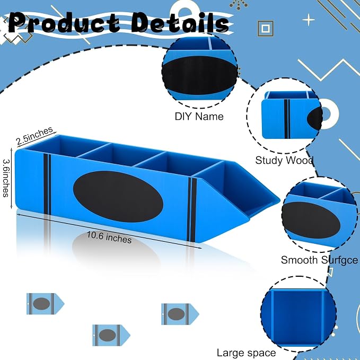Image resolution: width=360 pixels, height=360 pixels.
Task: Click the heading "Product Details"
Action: pos(119,23)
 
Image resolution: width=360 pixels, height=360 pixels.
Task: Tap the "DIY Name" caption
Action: pos(199,117)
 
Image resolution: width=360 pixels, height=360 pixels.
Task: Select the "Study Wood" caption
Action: pos(284,160)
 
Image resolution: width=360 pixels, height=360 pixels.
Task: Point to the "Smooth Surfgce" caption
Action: pos(319,260)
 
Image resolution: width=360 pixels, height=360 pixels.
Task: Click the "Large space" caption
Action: pos(247,353)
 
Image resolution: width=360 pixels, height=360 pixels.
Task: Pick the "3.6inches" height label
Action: pos(6,178)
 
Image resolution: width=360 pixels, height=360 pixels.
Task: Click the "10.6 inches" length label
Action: pos(109,237)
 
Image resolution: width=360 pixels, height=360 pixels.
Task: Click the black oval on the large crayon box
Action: pos(118,196)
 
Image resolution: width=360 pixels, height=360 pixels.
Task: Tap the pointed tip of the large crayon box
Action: pos(279,200)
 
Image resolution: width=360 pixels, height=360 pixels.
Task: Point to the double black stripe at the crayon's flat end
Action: pos(47,184)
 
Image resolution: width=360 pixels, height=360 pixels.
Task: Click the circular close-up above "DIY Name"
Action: pos(199,71)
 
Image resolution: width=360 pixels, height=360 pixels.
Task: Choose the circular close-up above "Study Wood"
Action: pos(285,116)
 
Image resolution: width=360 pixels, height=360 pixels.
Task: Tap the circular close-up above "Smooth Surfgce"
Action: pos(320,215)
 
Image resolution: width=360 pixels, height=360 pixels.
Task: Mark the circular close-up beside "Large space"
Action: pos(298,314)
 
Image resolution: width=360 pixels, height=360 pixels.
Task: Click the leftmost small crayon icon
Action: pos(46,304)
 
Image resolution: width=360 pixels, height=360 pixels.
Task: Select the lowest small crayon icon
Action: pos(111,335)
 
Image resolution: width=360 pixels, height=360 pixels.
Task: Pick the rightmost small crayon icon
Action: pos(180,314)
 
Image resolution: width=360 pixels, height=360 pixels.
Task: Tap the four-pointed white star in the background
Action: pos(309,20)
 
